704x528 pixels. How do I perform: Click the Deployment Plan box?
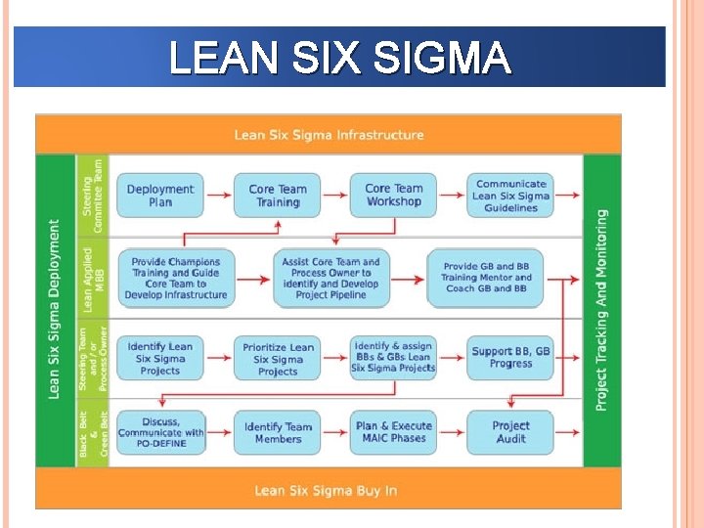pos(160,196)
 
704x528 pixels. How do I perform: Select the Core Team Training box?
pos(277,196)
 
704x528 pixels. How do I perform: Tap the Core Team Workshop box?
pos(393,196)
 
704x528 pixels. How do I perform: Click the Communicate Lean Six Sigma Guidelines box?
pos(510,196)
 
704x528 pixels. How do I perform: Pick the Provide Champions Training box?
pos(176,278)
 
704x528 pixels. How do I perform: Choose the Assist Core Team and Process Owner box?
pos(330,278)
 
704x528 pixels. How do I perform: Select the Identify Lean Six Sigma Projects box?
pos(160,359)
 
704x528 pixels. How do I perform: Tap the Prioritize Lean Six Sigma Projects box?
pos(277,359)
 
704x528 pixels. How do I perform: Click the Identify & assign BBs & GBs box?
pos(393,358)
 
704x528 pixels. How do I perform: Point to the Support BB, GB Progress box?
pos(510,358)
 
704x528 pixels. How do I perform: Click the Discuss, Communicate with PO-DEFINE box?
pos(160,433)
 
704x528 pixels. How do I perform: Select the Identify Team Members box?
pos(277,433)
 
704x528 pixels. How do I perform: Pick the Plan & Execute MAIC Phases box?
pos(393,433)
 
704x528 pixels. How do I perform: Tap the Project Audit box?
pos(510,433)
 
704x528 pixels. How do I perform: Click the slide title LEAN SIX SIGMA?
pos(339,58)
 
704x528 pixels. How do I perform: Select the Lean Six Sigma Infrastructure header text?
pos(329,135)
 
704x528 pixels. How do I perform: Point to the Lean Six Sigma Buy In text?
pos(326,490)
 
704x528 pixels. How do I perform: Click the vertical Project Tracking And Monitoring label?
pos(601,309)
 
